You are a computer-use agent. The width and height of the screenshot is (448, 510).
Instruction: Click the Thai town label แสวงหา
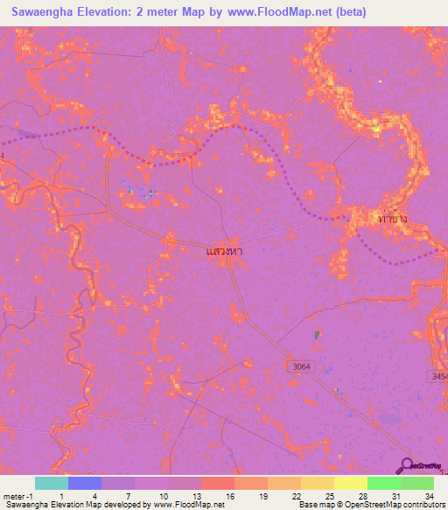[223, 251]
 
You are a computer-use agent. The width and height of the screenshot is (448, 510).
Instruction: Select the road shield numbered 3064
[300, 365]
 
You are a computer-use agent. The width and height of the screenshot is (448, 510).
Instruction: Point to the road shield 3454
[439, 376]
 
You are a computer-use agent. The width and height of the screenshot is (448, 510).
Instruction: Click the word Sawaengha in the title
[45, 11]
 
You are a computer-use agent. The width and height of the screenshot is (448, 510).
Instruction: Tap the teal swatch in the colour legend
[52, 483]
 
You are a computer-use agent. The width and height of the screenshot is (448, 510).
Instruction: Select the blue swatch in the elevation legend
[85, 483]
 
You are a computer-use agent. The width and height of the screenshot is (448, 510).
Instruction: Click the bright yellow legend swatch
[351, 483]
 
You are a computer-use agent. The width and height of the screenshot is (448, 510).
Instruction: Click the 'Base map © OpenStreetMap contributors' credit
[370, 506]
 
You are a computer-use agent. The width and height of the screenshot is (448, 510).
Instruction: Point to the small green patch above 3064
[317, 336]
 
